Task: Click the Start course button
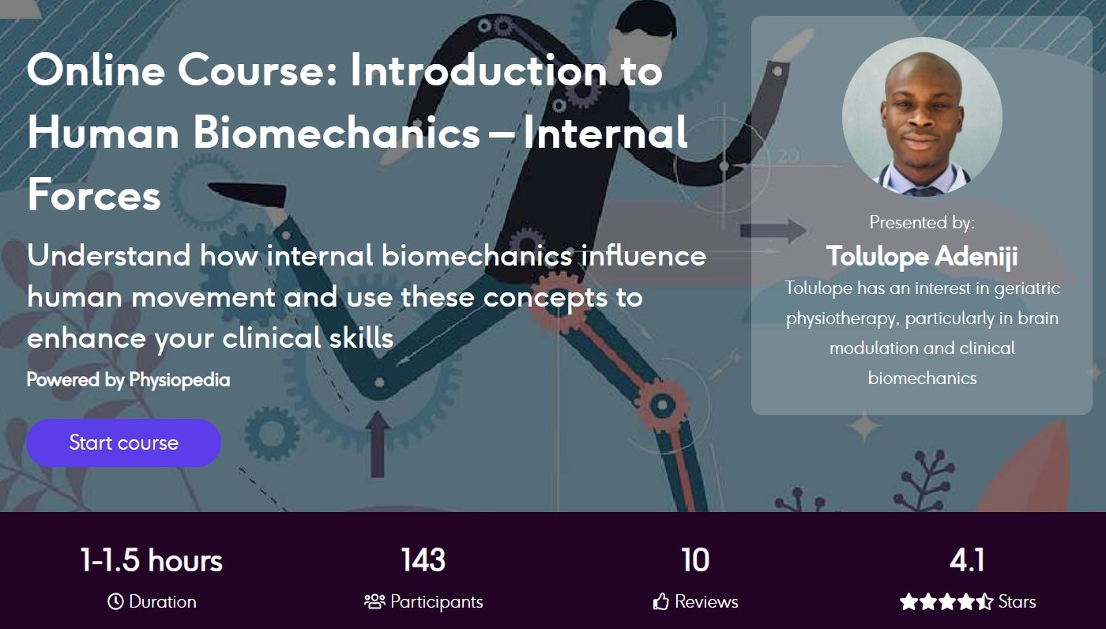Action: [x=123, y=443]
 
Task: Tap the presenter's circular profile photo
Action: [x=922, y=117]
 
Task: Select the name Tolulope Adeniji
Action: [x=922, y=256]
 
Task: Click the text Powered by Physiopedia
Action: [x=128, y=380]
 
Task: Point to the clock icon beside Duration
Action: [x=115, y=601]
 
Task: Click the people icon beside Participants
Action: [x=374, y=601]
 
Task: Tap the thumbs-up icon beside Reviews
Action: [x=660, y=601]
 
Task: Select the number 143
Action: [x=423, y=560]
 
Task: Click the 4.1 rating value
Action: [x=967, y=560]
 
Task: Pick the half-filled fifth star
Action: [x=984, y=601]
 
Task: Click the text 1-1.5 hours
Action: [x=152, y=560]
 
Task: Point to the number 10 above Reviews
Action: [x=695, y=560]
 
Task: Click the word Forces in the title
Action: [x=94, y=194]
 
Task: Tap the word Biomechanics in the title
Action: [x=337, y=132]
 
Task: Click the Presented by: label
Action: [x=922, y=223]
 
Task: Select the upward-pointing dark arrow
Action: [x=378, y=444]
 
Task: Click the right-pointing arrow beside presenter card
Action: [x=773, y=231]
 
